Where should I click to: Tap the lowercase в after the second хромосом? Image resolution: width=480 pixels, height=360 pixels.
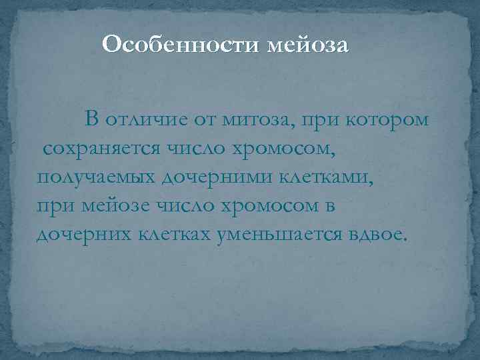tap(329, 206)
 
